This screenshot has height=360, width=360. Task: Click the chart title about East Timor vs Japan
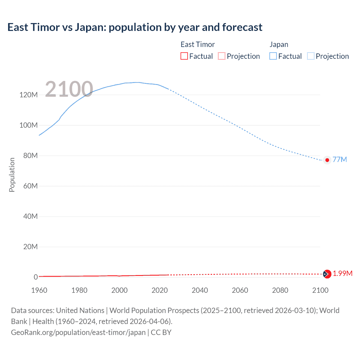click(135, 27)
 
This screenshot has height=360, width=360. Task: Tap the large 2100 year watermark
click(69, 89)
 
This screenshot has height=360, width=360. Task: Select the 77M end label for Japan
click(339, 159)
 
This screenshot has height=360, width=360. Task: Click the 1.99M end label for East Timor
click(343, 273)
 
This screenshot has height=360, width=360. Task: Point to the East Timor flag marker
click(327, 274)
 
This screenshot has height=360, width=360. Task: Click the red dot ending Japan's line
click(327, 160)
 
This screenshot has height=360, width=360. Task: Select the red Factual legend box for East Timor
click(184, 56)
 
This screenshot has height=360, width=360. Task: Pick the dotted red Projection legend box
click(222, 56)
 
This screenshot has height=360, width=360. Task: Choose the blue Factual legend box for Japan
click(273, 56)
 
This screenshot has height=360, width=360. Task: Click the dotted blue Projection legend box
click(311, 56)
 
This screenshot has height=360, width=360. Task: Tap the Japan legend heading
click(279, 44)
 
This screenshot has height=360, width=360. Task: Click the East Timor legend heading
click(197, 44)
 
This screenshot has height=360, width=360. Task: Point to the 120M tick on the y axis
click(28, 95)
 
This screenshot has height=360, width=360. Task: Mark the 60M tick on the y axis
click(30, 186)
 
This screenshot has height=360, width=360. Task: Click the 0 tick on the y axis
click(36, 277)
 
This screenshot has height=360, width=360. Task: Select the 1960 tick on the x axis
click(39, 290)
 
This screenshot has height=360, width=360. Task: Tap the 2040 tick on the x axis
click(200, 290)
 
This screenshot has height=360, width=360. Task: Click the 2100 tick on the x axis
click(320, 290)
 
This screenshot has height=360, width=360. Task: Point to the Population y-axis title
click(12, 175)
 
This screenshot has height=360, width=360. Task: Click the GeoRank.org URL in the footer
click(78, 332)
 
